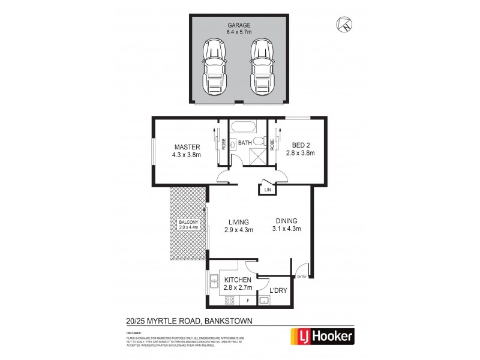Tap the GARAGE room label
click(x=238, y=25)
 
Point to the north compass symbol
click(x=344, y=25)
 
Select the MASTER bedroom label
click(x=187, y=146)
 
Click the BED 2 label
click(x=303, y=145)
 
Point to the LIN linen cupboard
click(x=266, y=190)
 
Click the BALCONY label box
click(x=188, y=224)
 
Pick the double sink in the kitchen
click(x=214, y=279)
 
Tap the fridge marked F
click(x=248, y=299)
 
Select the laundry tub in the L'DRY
click(x=264, y=300)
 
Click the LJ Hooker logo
click(x=322, y=336)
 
